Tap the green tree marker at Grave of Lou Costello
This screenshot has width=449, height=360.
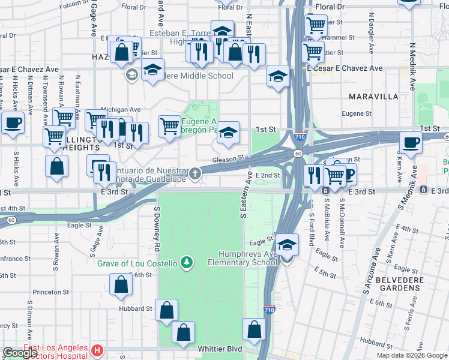coord(187,262)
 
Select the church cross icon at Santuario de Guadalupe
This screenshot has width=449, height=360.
coord(194,175)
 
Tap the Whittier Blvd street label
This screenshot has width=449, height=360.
coord(217,349)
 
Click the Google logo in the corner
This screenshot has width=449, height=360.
coord(19,353)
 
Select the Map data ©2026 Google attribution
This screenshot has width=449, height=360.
coord(411,355)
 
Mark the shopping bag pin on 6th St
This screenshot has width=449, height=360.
coord(121,285)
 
